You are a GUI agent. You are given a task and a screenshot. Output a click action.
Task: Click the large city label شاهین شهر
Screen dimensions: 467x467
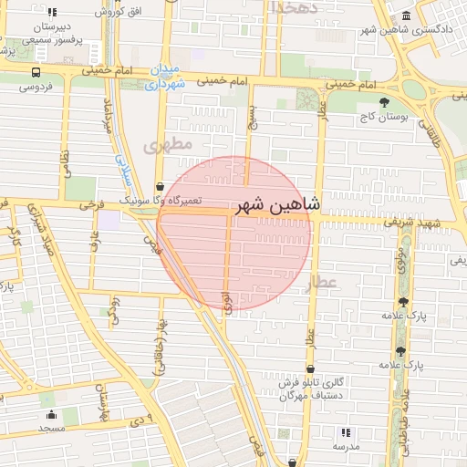coord(276,206)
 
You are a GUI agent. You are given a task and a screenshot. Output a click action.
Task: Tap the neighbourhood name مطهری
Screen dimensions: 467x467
coord(168,145)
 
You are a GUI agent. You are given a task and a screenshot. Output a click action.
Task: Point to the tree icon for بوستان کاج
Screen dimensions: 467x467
coord(384,102)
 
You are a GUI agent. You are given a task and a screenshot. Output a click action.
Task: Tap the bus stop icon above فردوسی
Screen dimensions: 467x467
coord(36,72)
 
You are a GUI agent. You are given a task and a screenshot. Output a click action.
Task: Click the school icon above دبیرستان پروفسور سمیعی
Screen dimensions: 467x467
coord(52,13)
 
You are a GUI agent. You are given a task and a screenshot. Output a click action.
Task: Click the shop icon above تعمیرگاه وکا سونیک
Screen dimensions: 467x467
coord(161,187)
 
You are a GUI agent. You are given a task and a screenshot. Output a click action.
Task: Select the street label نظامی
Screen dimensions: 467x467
coord(65,164)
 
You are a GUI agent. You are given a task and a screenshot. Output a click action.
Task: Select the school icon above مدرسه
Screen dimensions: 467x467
coord(345,432)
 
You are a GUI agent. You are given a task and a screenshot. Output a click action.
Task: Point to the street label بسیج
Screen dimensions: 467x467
coord(252,117)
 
